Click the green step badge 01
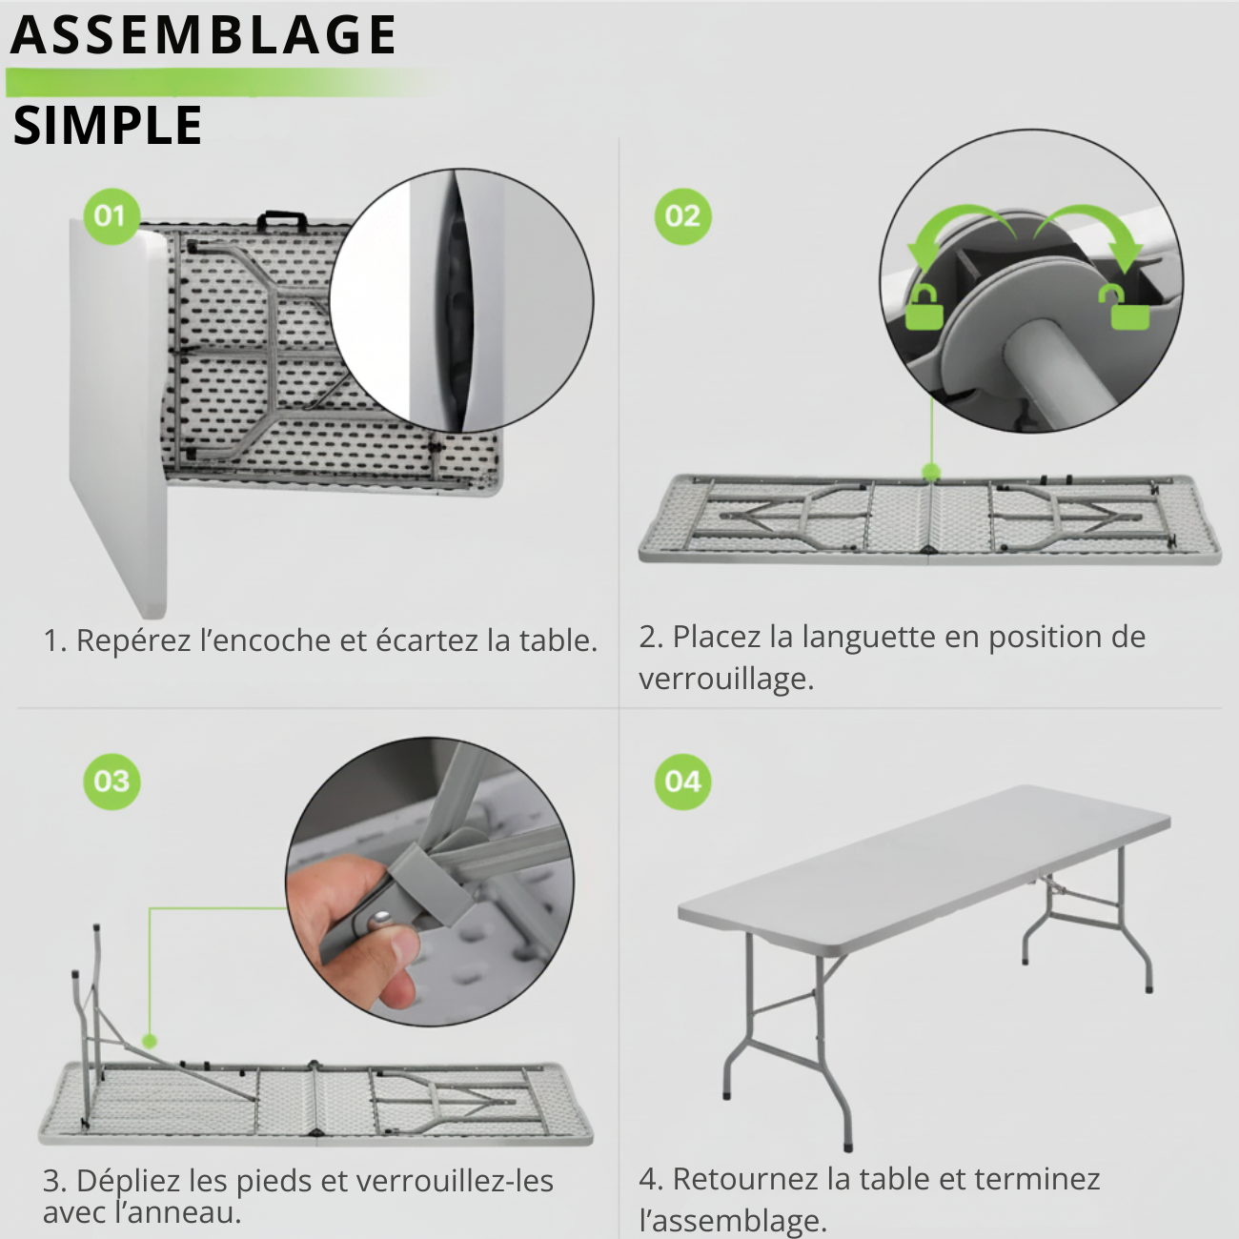click(x=111, y=216)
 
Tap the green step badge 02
click(x=682, y=216)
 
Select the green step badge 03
click(x=112, y=782)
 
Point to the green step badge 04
click(x=682, y=782)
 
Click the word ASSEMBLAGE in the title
click(x=203, y=36)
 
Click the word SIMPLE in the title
click(x=108, y=126)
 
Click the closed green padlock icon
click(x=923, y=306)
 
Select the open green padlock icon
click(x=1128, y=308)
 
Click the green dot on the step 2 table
click(x=931, y=472)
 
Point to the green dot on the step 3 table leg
click(x=150, y=1041)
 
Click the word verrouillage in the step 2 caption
click(x=724, y=680)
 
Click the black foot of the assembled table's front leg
click(x=847, y=1146)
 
